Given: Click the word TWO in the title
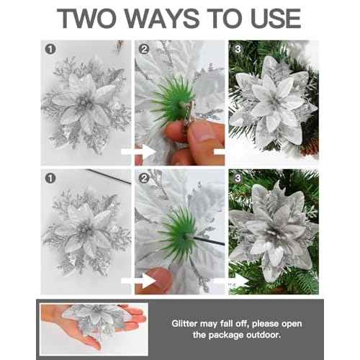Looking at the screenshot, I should tap(93, 19).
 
